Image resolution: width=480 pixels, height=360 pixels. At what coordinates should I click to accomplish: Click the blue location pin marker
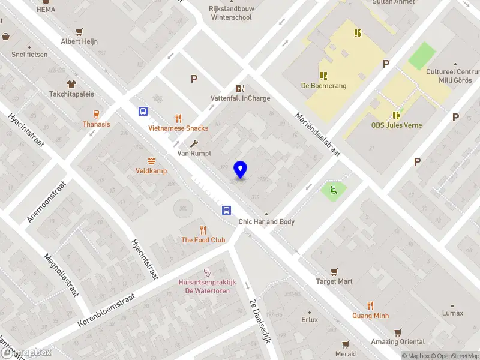click(x=241, y=170)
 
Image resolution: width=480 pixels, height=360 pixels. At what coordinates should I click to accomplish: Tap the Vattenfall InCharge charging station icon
click(x=241, y=88)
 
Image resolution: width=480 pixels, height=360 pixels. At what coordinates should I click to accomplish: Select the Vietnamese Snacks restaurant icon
click(x=178, y=118)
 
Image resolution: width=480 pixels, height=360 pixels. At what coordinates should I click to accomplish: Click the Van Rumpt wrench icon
click(x=194, y=143)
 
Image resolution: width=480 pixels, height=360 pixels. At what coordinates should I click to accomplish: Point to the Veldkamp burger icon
click(x=151, y=161)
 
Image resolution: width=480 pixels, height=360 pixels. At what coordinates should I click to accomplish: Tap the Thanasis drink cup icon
click(x=96, y=114)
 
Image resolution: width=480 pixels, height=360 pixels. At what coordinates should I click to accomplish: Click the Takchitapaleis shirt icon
click(x=71, y=84)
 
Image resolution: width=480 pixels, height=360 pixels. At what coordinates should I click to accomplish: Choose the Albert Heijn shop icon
click(x=79, y=31)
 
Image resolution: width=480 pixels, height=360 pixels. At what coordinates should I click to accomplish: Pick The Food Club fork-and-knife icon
click(x=203, y=230)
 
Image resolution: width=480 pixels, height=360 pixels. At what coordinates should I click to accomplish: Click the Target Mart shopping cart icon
click(x=335, y=271)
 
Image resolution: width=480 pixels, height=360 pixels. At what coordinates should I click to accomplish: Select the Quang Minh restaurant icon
click(x=370, y=305)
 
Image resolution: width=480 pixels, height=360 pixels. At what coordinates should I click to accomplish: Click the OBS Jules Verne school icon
click(x=396, y=115)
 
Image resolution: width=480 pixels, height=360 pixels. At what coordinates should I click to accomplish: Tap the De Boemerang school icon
click(x=323, y=76)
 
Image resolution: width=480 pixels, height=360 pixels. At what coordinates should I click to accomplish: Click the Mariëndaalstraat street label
click(x=317, y=136)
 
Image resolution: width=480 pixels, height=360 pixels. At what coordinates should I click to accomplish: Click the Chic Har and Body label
click(x=266, y=222)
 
